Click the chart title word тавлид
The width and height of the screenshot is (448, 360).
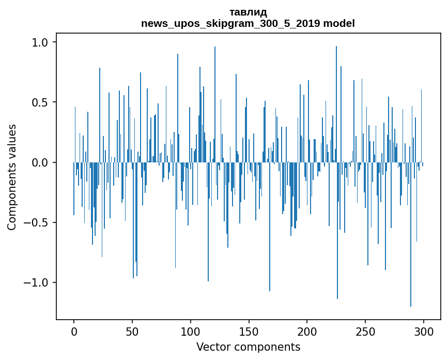pyautogui.click(x=248, y=12)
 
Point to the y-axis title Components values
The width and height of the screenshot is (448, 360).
pyautogui.click(x=12, y=177)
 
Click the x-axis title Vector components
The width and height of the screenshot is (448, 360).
pyautogui.click(x=248, y=347)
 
